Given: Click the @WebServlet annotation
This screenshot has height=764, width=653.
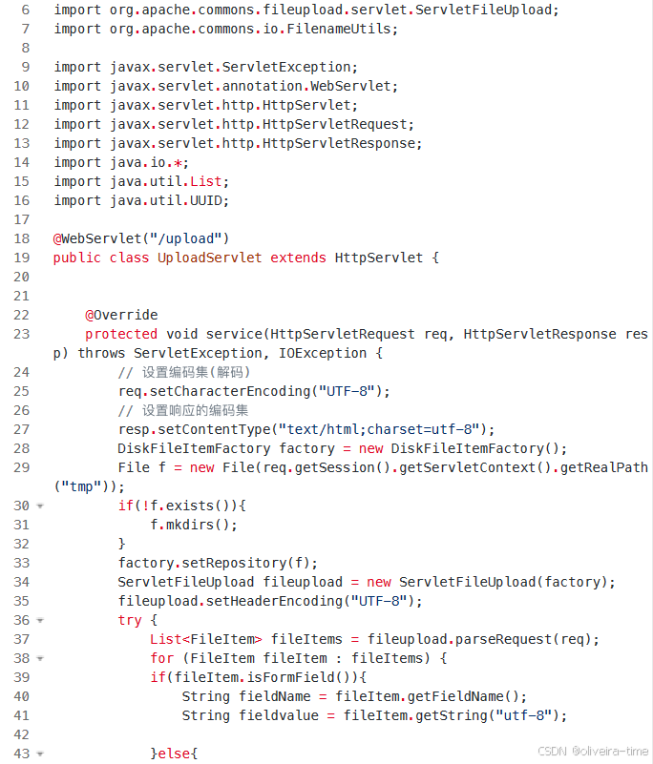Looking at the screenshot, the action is [x=94, y=238].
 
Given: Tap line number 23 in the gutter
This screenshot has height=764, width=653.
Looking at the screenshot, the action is [x=22, y=334].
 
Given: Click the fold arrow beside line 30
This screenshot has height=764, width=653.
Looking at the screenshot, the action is [x=40, y=506].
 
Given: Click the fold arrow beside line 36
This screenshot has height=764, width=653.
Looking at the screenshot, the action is [x=40, y=620].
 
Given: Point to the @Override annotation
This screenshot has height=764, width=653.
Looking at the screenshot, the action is [x=121, y=315].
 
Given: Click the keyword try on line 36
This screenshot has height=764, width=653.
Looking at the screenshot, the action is [x=130, y=620].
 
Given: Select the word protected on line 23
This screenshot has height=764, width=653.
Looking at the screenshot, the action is [x=121, y=334].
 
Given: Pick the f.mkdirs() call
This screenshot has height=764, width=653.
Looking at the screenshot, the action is [x=194, y=525].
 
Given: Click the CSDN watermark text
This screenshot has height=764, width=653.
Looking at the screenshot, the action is [x=593, y=751].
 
